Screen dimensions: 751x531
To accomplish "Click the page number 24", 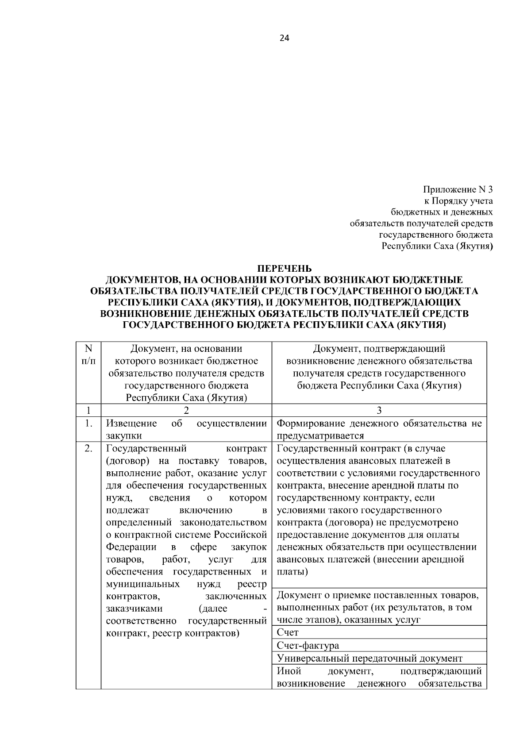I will click(284, 39).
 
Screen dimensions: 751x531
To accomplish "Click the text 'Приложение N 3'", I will click(458, 189).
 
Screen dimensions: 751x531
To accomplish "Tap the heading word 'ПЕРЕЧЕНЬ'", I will click(285, 269).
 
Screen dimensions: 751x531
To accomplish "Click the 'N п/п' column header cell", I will click(88, 354).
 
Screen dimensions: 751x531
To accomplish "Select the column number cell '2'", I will click(186, 410).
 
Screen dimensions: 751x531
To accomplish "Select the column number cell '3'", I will click(379, 410).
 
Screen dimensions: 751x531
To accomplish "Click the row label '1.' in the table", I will click(88, 424).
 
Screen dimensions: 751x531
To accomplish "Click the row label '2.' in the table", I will click(88, 449).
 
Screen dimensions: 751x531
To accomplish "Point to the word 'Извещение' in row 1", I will click(131, 424).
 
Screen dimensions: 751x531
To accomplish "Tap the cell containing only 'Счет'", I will click(288, 632).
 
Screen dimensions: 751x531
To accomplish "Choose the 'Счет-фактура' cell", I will click(308, 645).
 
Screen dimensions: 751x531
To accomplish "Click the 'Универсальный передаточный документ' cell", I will click(369, 658).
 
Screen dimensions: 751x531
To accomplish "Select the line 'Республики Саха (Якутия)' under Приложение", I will click(437, 246).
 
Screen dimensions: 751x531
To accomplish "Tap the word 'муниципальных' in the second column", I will click(143, 584).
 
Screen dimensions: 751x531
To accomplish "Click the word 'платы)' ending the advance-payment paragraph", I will click(292, 572).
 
